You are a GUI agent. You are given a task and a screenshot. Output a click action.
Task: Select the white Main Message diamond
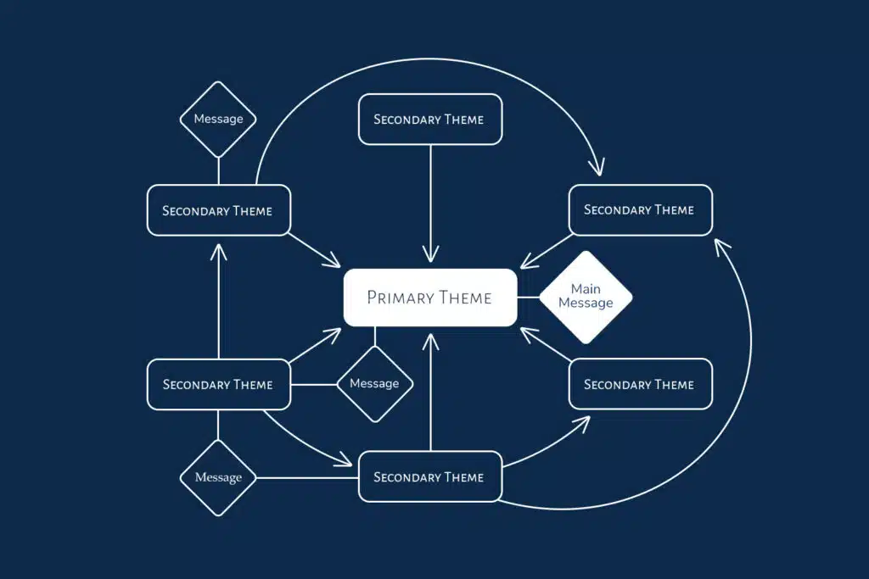[x=586, y=297]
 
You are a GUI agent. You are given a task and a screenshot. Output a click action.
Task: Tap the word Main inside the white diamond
[x=586, y=289]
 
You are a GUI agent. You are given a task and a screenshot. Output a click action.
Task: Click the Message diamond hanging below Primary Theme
[x=374, y=384]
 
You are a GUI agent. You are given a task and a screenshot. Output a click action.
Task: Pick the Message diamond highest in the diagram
[x=218, y=120]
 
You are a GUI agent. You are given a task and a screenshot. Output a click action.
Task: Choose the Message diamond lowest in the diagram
[x=218, y=477]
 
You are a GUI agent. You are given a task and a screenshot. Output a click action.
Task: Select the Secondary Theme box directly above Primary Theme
[x=430, y=120]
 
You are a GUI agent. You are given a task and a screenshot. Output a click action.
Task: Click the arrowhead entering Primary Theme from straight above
[x=431, y=254]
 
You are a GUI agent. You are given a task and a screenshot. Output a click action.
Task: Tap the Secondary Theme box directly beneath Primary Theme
[x=430, y=477]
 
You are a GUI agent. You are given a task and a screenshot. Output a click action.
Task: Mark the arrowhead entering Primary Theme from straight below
[x=431, y=340]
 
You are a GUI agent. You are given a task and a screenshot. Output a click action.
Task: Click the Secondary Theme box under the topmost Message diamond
[x=218, y=210]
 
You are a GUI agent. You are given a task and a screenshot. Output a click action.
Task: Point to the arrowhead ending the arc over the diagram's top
[x=600, y=169]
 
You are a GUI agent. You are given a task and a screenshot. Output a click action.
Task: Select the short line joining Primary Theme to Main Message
[x=529, y=298]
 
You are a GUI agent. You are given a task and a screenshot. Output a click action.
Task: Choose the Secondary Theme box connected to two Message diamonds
[x=218, y=385]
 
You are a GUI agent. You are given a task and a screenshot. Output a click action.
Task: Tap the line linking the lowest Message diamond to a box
[x=306, y=477]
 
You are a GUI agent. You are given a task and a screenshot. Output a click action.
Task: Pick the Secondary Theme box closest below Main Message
[x=640, y=385]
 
